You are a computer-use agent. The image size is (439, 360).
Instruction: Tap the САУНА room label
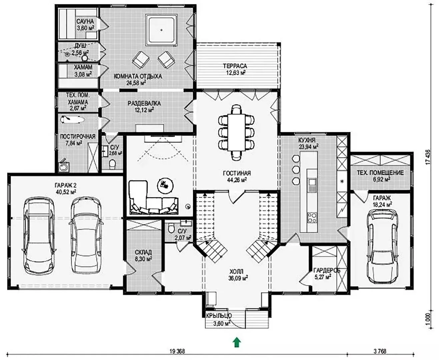pyautogui.click(x=85, y=21)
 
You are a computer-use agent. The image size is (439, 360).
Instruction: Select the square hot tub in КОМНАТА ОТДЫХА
pyautogui.click(x=161, y=30)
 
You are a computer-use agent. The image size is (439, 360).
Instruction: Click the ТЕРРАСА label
pyautogui.click(x=235, y=66)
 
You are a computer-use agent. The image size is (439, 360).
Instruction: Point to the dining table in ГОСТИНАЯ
pyautogui.click(x=236, y=132)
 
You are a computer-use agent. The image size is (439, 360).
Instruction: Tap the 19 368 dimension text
pyautogui.click(x=177, y=351)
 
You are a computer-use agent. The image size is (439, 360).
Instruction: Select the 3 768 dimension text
pyautogui.click(x=380, y=351)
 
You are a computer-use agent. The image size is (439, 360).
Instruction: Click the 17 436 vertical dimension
pyautogui.click(x=428, y=157)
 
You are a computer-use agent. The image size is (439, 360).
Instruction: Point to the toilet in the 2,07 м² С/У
pyautogui.click(x=171, y=228)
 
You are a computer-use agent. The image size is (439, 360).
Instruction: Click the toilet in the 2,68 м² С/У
pyautogui.click(x=112, y=164)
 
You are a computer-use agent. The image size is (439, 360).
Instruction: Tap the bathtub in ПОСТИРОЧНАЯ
pyautogui.click(x=72, y=120)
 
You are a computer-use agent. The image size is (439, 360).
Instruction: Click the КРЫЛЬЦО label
pyautogui.click(x=219, y=316)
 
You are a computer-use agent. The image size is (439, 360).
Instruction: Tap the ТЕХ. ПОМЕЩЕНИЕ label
pyautogui.click(x=380, y=173)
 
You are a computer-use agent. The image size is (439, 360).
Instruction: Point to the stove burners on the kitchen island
pyautogui.click(x=312, y=217)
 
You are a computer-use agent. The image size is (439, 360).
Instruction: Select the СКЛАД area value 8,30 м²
pyautogui.click(x=143, y=259)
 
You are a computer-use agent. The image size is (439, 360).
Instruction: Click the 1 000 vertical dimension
pyautogui.click(x=428, y=324)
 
